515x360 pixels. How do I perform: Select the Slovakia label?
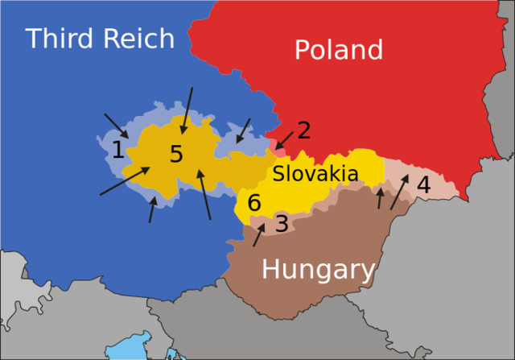pos(315,173)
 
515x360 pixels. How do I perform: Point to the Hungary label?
pos(318,270)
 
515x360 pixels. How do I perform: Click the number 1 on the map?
pos(117,150)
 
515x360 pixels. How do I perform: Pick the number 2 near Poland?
pos(303,130)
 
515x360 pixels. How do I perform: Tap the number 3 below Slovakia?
pos(282,224)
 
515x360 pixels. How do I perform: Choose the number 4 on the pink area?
pos(423,185)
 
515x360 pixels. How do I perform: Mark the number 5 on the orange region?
pos(176,155)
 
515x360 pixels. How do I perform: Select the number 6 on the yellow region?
pos(254,204)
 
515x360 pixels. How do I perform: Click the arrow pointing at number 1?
pos(116,126)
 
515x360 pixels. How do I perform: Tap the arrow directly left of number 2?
pos(284,139)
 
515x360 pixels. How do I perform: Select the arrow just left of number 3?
pos(259,234)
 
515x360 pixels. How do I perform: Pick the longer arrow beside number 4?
pos(399,192)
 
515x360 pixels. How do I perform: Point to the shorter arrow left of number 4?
pos(380,198)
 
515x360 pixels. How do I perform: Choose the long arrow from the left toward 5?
pos(125,181)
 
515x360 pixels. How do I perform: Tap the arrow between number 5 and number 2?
pos(243,130)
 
